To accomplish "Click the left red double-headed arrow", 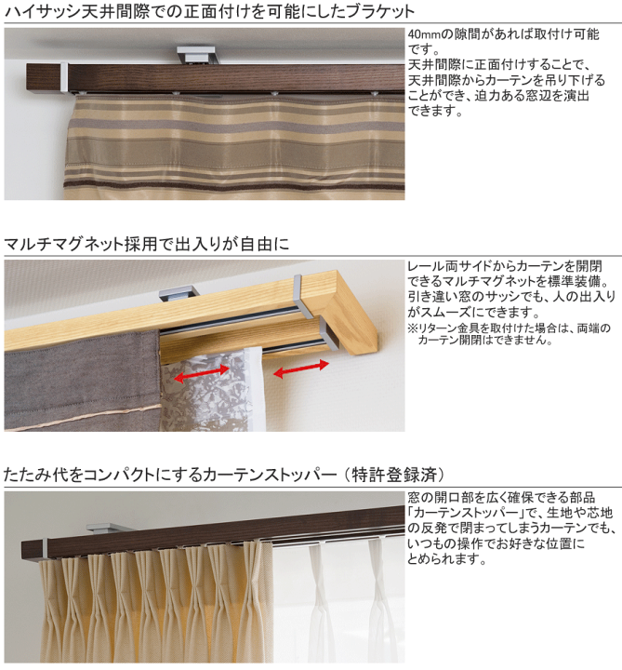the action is [x=202, y=374].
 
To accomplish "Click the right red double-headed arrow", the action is [x=301, y=369].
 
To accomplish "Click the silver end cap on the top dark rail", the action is [x=64, y=77].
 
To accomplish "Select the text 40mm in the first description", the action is [x=424, y=34].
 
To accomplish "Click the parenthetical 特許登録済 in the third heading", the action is [x=395, y=475].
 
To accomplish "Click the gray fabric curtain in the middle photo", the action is [x=82, y=380].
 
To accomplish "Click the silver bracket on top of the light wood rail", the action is [x=179, y=293].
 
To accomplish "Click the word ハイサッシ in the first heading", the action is [x=42, y=11].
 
